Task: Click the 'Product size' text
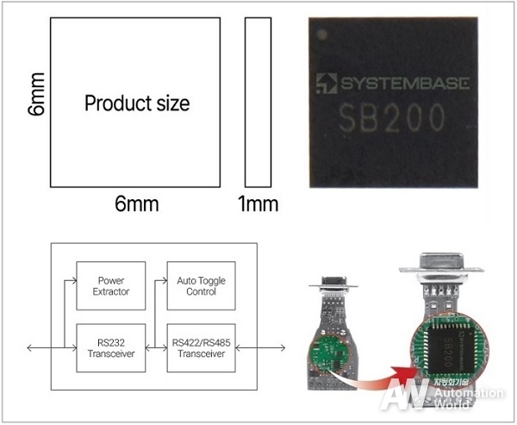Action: (x=137, y=104)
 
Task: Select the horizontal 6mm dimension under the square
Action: (x=139, y=204)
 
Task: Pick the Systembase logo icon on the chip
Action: (x=326, y=83)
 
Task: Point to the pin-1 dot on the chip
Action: (x=322, y=34)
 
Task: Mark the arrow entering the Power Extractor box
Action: (x=70, y=280)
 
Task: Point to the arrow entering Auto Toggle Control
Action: (x=159, y=280)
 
